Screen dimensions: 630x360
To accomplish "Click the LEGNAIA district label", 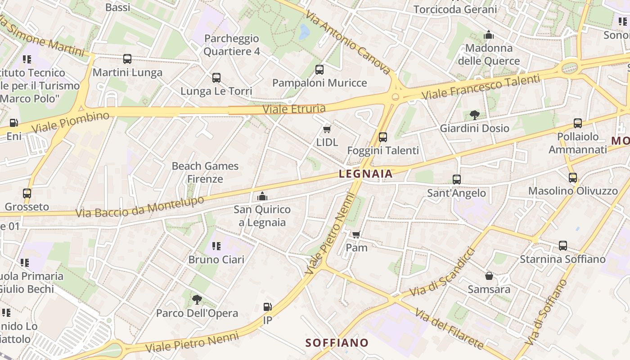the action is [365, 174].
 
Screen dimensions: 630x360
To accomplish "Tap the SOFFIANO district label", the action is [337, 343].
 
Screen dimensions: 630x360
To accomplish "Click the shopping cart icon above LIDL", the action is [327, 130].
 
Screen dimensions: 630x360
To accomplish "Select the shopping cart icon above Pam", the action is [356, 234].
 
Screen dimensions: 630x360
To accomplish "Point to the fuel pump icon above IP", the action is [267, 307].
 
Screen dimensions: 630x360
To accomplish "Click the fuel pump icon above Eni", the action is [14, 123].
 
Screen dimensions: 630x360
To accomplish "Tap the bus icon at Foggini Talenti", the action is [383, 137].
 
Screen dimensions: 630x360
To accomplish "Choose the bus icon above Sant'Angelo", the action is [457, 180].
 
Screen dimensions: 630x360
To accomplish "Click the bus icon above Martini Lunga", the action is [127, 59].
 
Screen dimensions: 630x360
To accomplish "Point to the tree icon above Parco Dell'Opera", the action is [197, 300].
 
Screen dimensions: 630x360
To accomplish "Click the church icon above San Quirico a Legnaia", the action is [262, 196].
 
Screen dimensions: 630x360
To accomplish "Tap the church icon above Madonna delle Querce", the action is [489, 35].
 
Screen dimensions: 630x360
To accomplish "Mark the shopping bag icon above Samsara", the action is [489, 276].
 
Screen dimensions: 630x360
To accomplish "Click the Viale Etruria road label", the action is [294, 108].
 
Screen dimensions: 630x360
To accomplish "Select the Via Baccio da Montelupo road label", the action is [140, 207].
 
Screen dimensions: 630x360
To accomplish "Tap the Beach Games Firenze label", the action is [205, 172].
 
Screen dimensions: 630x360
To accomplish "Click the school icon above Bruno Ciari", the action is [216, 246].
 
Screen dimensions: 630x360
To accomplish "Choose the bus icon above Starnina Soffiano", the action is [562, 246].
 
